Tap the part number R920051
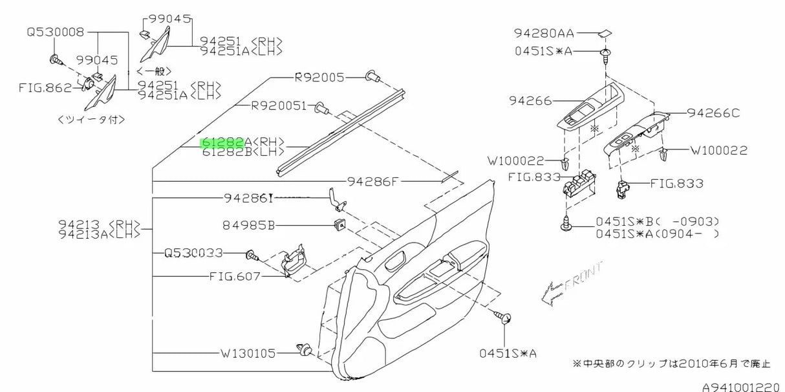click(x=279, y=106)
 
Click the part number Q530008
click(x=55, y=32)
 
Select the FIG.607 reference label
click(x=234, y=276)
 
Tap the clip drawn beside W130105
click(x=306, y=350)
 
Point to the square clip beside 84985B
click(x=338, y=226)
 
